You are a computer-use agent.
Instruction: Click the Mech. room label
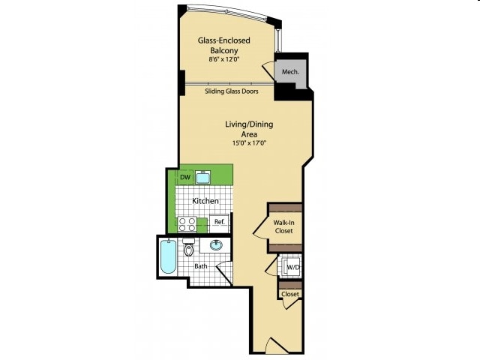(x=290, y=72)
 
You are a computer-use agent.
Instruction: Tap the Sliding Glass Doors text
(x=232, y=91)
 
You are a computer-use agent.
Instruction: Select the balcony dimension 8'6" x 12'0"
(x=223, y=60)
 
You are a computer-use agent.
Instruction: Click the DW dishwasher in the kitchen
(x=185, y=177)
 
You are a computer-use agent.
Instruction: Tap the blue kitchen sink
(x=202, y=177)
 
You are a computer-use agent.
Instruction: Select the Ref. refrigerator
(x=219, y=223)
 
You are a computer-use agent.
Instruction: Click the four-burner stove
(x=187, y=224)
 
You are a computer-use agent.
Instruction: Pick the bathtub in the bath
(x=168, y=256)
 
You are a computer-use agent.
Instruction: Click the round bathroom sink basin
(x=217, y=244)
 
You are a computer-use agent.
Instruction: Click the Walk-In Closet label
(x=283, y=226)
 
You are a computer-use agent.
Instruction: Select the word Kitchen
(x=205, y=201)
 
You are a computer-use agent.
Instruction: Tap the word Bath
(x=201, y=266)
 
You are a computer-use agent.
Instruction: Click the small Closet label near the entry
(x=290, y=294)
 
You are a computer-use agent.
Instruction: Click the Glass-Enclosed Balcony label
(x=223, y=45)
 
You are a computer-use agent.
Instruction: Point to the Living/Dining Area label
(x=249, y=129)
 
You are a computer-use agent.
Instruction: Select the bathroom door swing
(x=224, y=273)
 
